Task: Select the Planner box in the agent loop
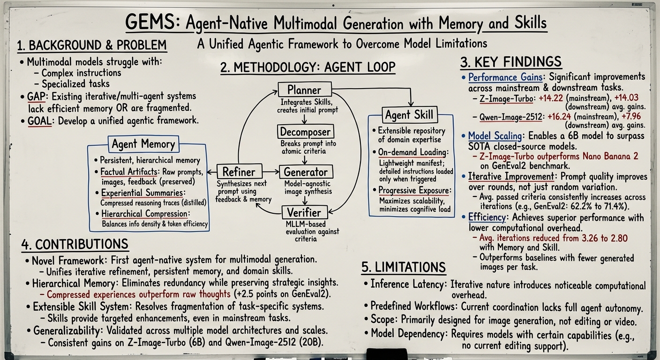[x=305, y=90]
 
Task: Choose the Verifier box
[x=304, y=213]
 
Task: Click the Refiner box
[x=239, y=172]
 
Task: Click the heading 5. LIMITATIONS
[x=403, y=267]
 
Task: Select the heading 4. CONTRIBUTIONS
[x=75, y=244]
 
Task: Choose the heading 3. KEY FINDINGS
[x=511, y=62]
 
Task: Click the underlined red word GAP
[x=36, y=97]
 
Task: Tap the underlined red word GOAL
[x=39, y=120]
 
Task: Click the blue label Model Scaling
[x=495, y=136]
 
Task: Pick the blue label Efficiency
[x=487, y=217]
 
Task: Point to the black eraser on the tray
[x=387, y=354]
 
